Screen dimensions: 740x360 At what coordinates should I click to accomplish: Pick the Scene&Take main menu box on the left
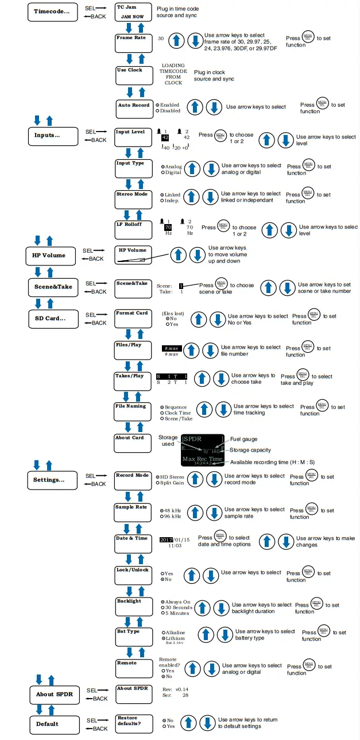(x=52, y=287)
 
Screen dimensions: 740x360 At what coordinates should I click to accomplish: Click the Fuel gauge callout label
(x=244, y=440)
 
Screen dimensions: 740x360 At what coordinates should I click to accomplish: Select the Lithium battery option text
(x=175, y=638)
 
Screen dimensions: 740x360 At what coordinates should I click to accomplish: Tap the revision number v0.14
(x=182, y=689)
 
